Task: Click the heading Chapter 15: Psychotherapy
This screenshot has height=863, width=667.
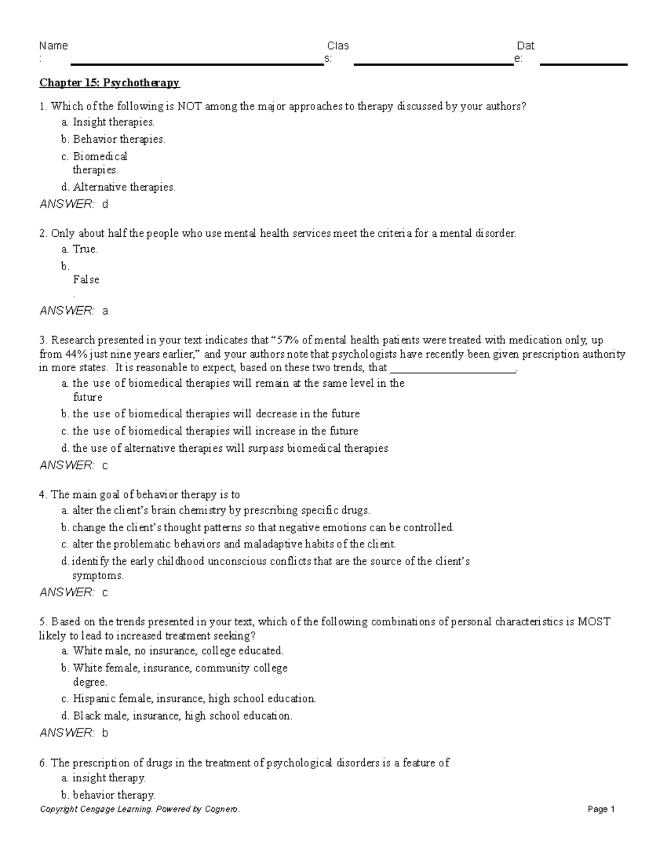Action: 109,83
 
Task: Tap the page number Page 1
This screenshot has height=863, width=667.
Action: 601,809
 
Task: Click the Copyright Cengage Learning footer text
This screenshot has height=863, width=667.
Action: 140,809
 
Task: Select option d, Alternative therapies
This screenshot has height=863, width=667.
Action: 118,187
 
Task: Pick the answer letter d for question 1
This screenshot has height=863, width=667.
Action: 105,204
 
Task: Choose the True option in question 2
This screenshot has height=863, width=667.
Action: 85,250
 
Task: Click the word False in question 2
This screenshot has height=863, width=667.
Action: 86,280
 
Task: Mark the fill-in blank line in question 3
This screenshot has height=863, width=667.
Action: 453,369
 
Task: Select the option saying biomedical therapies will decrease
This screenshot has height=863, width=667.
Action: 216,414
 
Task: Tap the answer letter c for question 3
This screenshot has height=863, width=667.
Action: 105,466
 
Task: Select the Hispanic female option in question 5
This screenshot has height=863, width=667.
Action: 194,699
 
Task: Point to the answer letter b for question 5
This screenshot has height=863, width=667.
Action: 105,733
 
